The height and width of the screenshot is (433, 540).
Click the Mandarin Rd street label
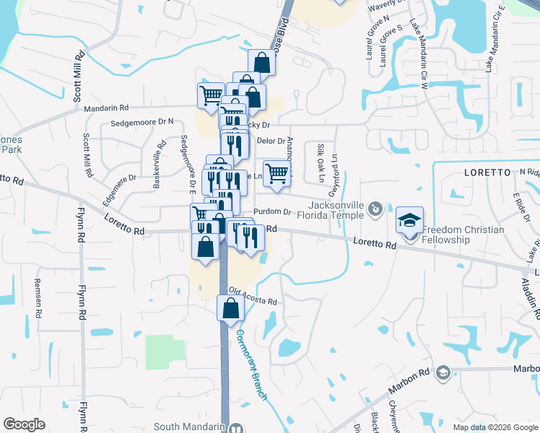(x=106, y=109)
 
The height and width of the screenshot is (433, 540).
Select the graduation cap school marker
(x=409, y=220)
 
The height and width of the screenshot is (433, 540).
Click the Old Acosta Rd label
(x=253, y=297)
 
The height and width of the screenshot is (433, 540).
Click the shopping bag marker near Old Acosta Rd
(x=230, y=308)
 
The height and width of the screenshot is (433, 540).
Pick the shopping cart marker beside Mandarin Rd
(x=211, y=95)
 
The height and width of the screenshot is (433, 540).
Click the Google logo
(x=24, y=424)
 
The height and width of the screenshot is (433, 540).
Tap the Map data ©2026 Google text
(x=495, y=427)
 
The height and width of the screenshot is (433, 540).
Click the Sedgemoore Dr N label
(x=142, y=123)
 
